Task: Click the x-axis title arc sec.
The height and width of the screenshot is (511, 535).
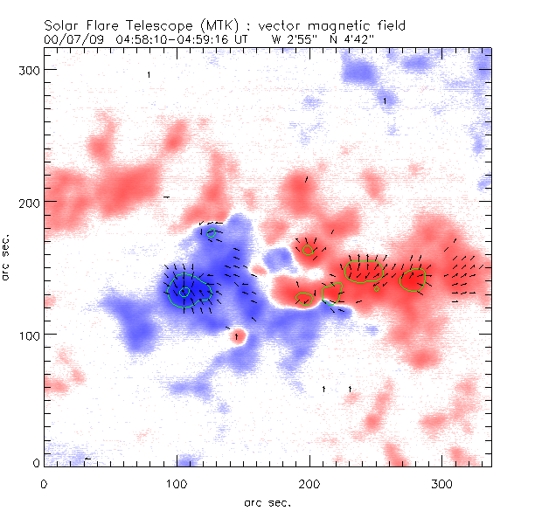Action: [266, 501]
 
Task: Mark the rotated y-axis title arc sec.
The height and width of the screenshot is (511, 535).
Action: [6, 257]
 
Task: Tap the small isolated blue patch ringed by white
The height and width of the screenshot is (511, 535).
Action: [278, 257]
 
